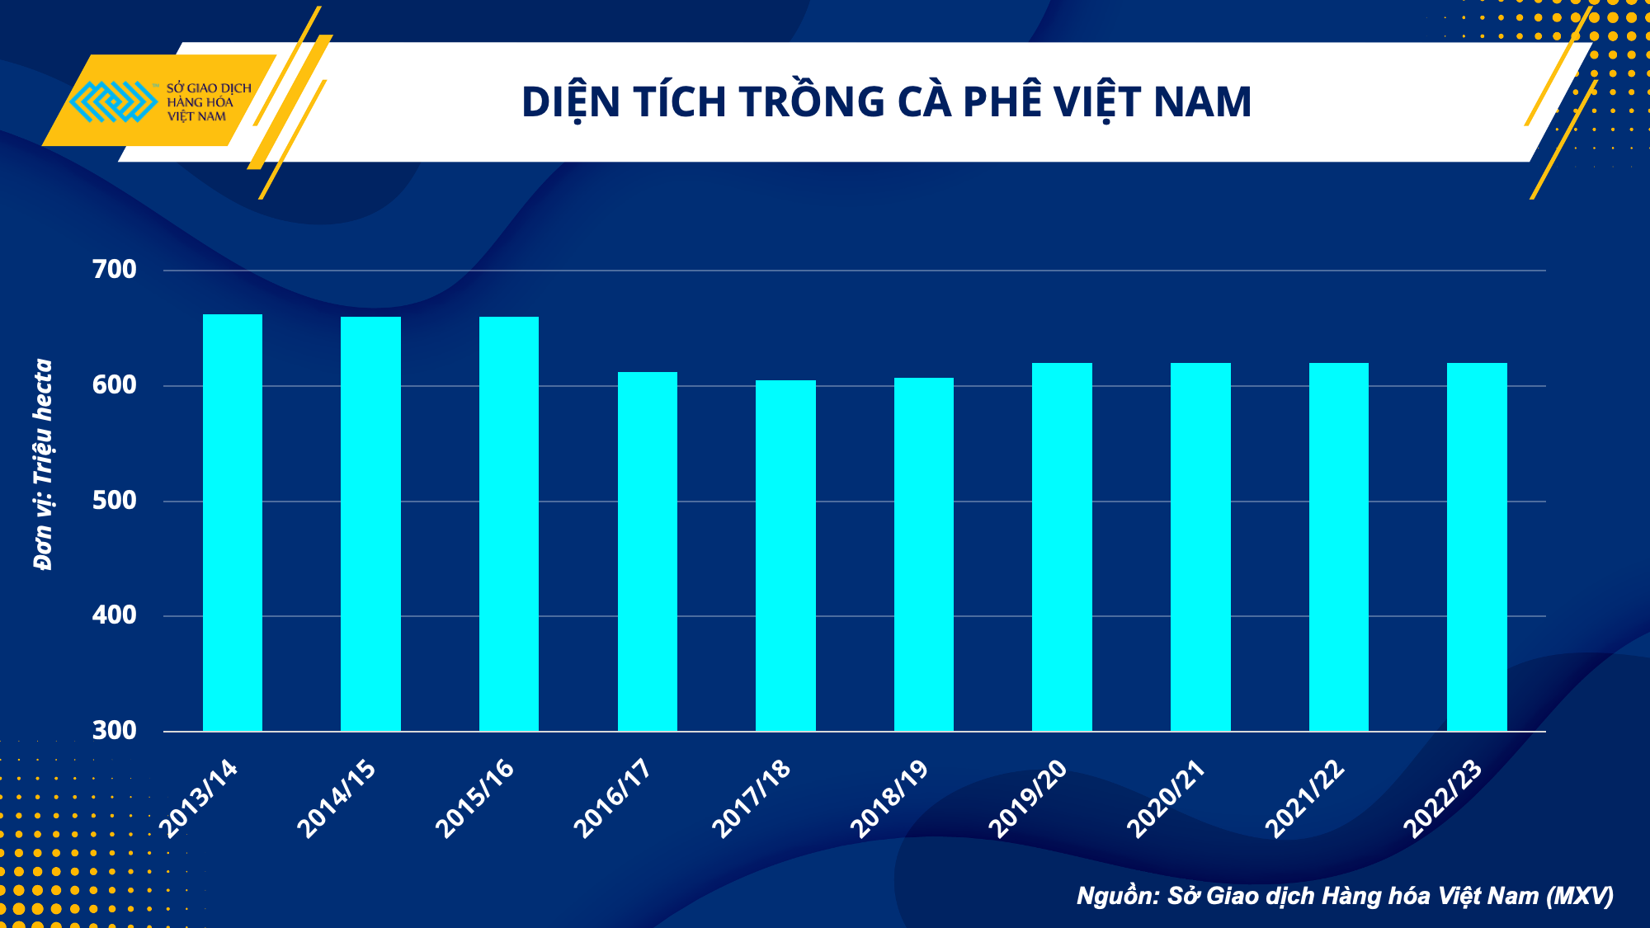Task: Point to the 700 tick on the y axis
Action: [115, 270]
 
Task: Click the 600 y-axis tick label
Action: [115, 385]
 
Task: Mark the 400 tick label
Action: [115, 615]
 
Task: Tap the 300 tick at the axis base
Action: [115, 731]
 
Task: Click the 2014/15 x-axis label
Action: [337, 798]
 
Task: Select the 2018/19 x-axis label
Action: [889, 798]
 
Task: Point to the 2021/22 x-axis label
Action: [1304, 798]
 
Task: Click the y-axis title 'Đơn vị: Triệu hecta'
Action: [43, 464]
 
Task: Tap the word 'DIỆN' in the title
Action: [571, 102]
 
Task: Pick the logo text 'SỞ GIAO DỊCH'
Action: [209, 88]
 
